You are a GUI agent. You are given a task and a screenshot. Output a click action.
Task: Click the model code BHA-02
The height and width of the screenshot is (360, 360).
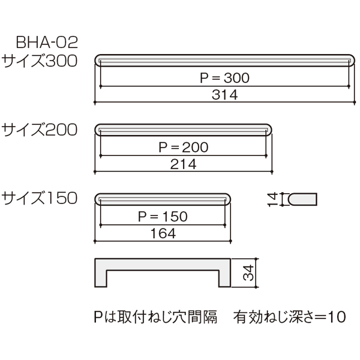click(47, 43)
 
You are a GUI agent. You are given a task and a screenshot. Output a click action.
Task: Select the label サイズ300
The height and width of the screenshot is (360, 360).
click(40, 61)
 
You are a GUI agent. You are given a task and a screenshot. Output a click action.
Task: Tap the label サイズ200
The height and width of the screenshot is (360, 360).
click(40, 130)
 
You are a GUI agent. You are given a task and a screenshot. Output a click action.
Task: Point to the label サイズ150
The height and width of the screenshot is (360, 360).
click(40, 198)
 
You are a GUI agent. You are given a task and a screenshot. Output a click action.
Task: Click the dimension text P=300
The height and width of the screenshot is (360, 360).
click(224, 78)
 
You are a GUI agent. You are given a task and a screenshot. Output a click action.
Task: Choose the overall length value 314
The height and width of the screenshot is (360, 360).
click(224, 95)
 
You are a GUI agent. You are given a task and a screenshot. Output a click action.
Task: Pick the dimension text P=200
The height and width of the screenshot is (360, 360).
click(184, 147)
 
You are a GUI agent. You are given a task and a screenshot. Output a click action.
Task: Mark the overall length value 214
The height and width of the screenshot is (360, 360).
click(184, 164)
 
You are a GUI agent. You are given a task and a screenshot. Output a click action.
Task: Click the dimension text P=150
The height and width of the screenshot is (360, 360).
click(163, 217)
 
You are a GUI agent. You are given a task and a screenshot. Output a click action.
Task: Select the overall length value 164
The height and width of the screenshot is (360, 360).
click(163, 233)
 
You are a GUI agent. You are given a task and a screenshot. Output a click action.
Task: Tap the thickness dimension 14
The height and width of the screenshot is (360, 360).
click(273, 200)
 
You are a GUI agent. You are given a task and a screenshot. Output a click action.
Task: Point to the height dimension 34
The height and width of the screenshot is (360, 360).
click(248, 273)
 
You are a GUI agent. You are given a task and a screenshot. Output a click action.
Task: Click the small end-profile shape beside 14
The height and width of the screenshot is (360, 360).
click(302, 199)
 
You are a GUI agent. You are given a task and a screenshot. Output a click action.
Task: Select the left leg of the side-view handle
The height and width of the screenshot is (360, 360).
click(101, 278)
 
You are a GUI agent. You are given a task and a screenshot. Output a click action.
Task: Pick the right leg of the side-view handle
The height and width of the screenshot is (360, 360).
click(224, 278)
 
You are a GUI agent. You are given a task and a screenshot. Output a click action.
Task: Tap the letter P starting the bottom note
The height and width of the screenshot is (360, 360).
click(98, 317)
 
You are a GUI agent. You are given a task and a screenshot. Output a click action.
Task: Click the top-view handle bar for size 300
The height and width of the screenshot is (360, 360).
click(225, 61)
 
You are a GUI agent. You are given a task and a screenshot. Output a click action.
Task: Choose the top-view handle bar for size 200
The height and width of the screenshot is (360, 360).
click(183, 130)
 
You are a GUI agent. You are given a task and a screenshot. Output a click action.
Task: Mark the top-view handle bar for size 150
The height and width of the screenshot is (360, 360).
click(163, 199)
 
